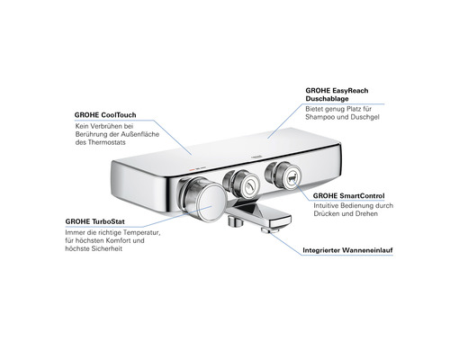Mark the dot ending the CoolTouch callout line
pyautogui.click(x=194, y=153)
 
